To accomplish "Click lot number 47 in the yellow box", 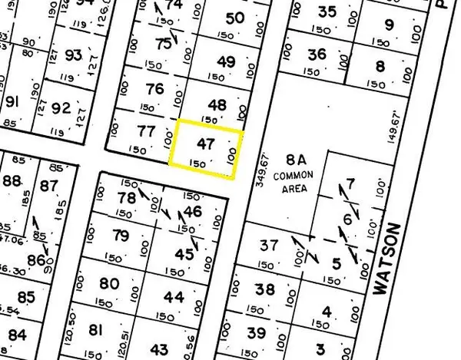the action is tap(204, 143).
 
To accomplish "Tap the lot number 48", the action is tap(218, 105).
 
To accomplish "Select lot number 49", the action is tap(226, 62).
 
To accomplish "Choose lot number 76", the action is tap(154, 89).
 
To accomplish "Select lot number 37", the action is tap(268, 246).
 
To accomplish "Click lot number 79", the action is tap(120, 235).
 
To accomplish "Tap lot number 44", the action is tap(174, 297).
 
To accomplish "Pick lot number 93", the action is tap(74, 55).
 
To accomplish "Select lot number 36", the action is tap(317, 54).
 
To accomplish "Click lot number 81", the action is tap(95, 330).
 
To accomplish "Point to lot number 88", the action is tap(12, 181).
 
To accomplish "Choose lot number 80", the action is tap(110, 283).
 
